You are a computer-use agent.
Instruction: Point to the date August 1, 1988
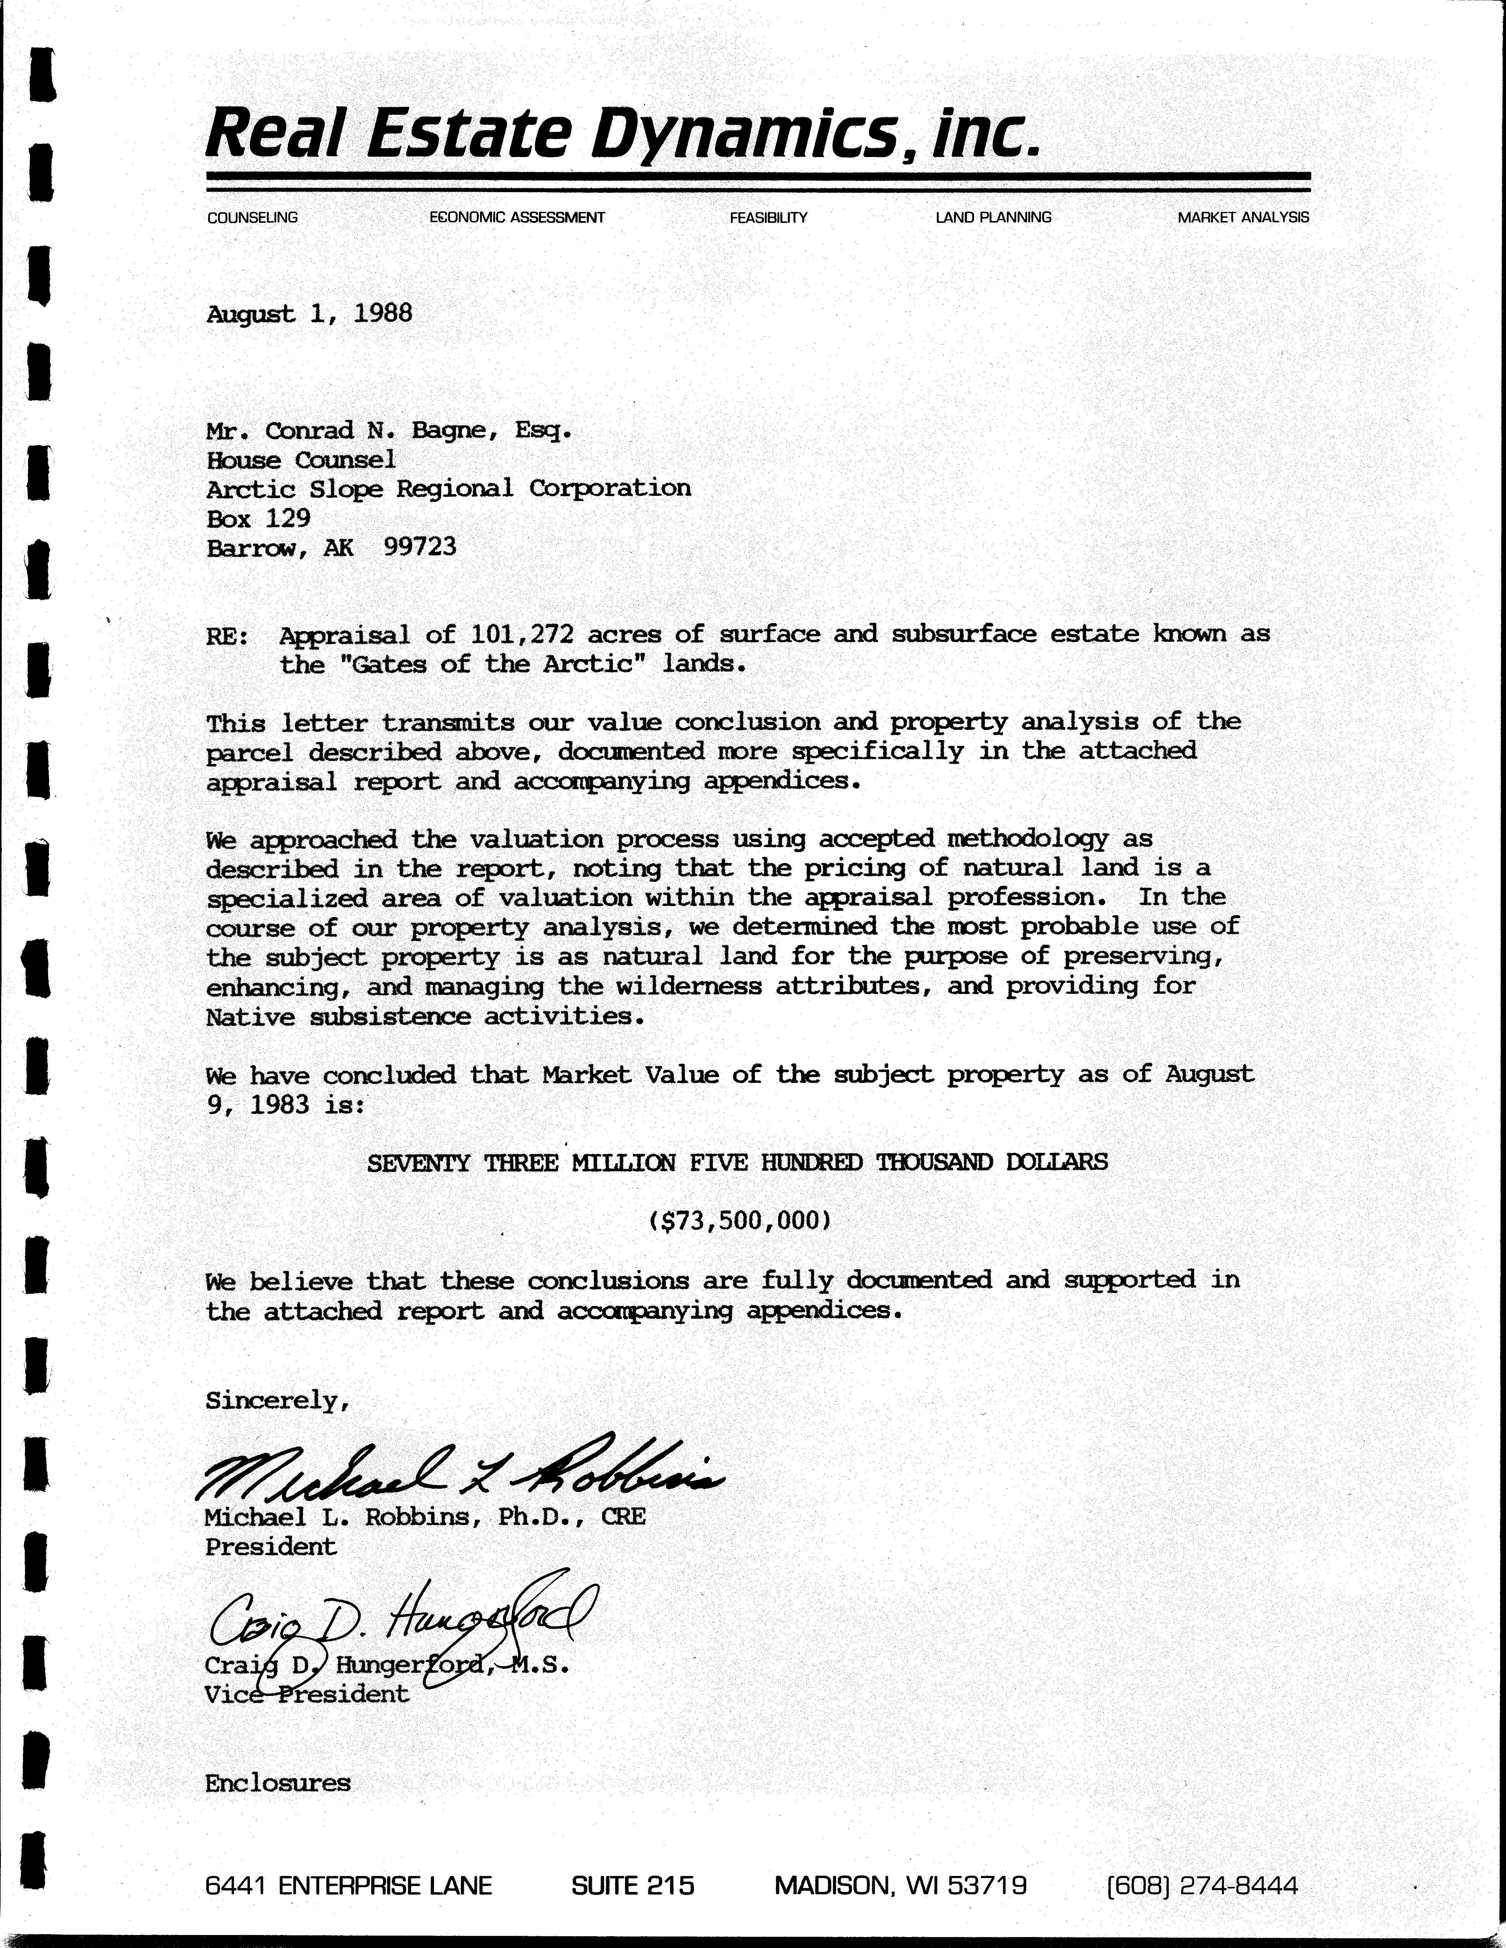[310, 314]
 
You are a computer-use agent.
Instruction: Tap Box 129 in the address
[258, 518]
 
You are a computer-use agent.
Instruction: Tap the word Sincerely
[276, 1400]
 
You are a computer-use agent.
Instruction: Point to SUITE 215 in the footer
[632, 1885]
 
